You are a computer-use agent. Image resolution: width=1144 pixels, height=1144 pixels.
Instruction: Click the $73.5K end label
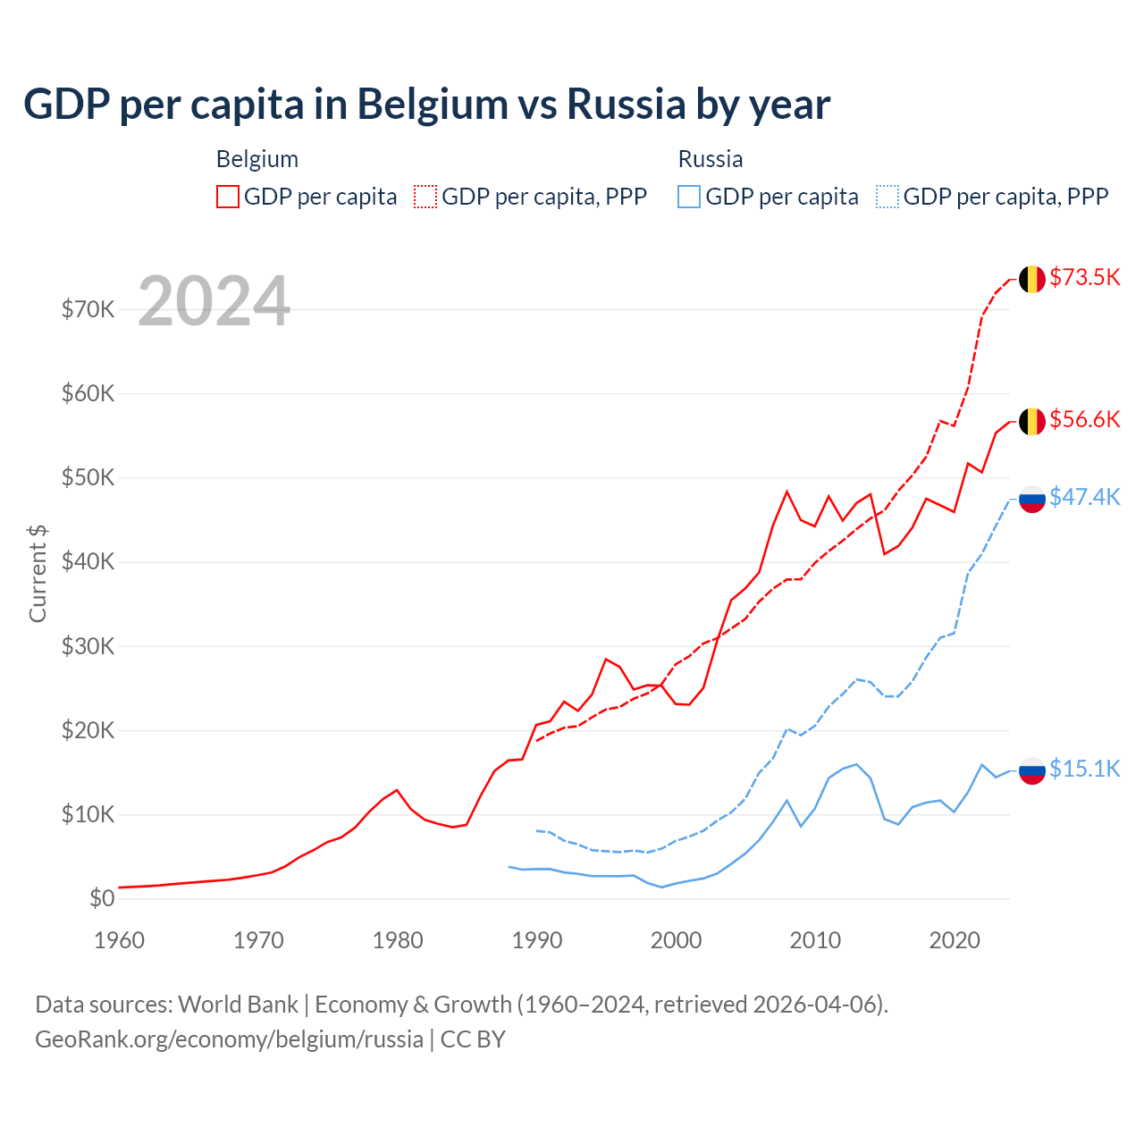pos(1084,277)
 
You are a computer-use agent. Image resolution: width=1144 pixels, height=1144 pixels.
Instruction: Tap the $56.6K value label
pos(1084,419)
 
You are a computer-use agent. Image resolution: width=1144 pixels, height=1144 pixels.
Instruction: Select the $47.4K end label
pos(1084,497)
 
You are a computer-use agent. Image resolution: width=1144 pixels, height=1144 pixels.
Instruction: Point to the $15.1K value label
pos(1084,769)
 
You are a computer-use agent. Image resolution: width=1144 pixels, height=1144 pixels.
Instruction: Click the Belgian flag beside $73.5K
pos(1032,279)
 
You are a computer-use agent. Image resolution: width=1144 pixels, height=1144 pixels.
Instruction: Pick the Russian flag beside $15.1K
pos(1032,770)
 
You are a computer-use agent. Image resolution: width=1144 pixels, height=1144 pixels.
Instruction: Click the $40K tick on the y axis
pos(88,562)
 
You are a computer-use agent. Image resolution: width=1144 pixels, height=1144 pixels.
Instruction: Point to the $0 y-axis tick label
pos(102,898)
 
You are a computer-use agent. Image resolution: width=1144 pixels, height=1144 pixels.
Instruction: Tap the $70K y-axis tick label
pos(88,309)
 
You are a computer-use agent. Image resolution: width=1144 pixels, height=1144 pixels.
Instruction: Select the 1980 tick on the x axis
pos(398,940)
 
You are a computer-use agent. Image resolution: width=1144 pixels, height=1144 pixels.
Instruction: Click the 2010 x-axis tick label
pos(815,940)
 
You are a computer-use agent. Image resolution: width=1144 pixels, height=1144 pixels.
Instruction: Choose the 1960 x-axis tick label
pos(119,940)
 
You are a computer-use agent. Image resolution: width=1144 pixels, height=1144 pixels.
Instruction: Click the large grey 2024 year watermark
pos(214,301)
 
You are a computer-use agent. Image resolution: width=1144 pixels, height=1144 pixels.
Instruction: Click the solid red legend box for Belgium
pos(228,197)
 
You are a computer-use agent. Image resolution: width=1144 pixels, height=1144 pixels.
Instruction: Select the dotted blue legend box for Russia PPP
pos(887,197)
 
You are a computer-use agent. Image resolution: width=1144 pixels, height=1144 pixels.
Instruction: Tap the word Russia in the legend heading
pos(711,159)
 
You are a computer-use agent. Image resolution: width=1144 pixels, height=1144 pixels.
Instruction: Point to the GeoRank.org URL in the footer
pos(229,1039)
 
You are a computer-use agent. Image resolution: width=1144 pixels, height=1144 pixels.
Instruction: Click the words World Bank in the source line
pos(238,1005)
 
